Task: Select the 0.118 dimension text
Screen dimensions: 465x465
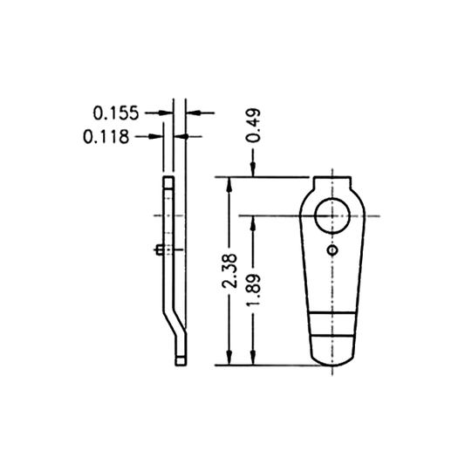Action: coord(106,136)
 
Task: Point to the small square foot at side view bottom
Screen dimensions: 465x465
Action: coord(179,356)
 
